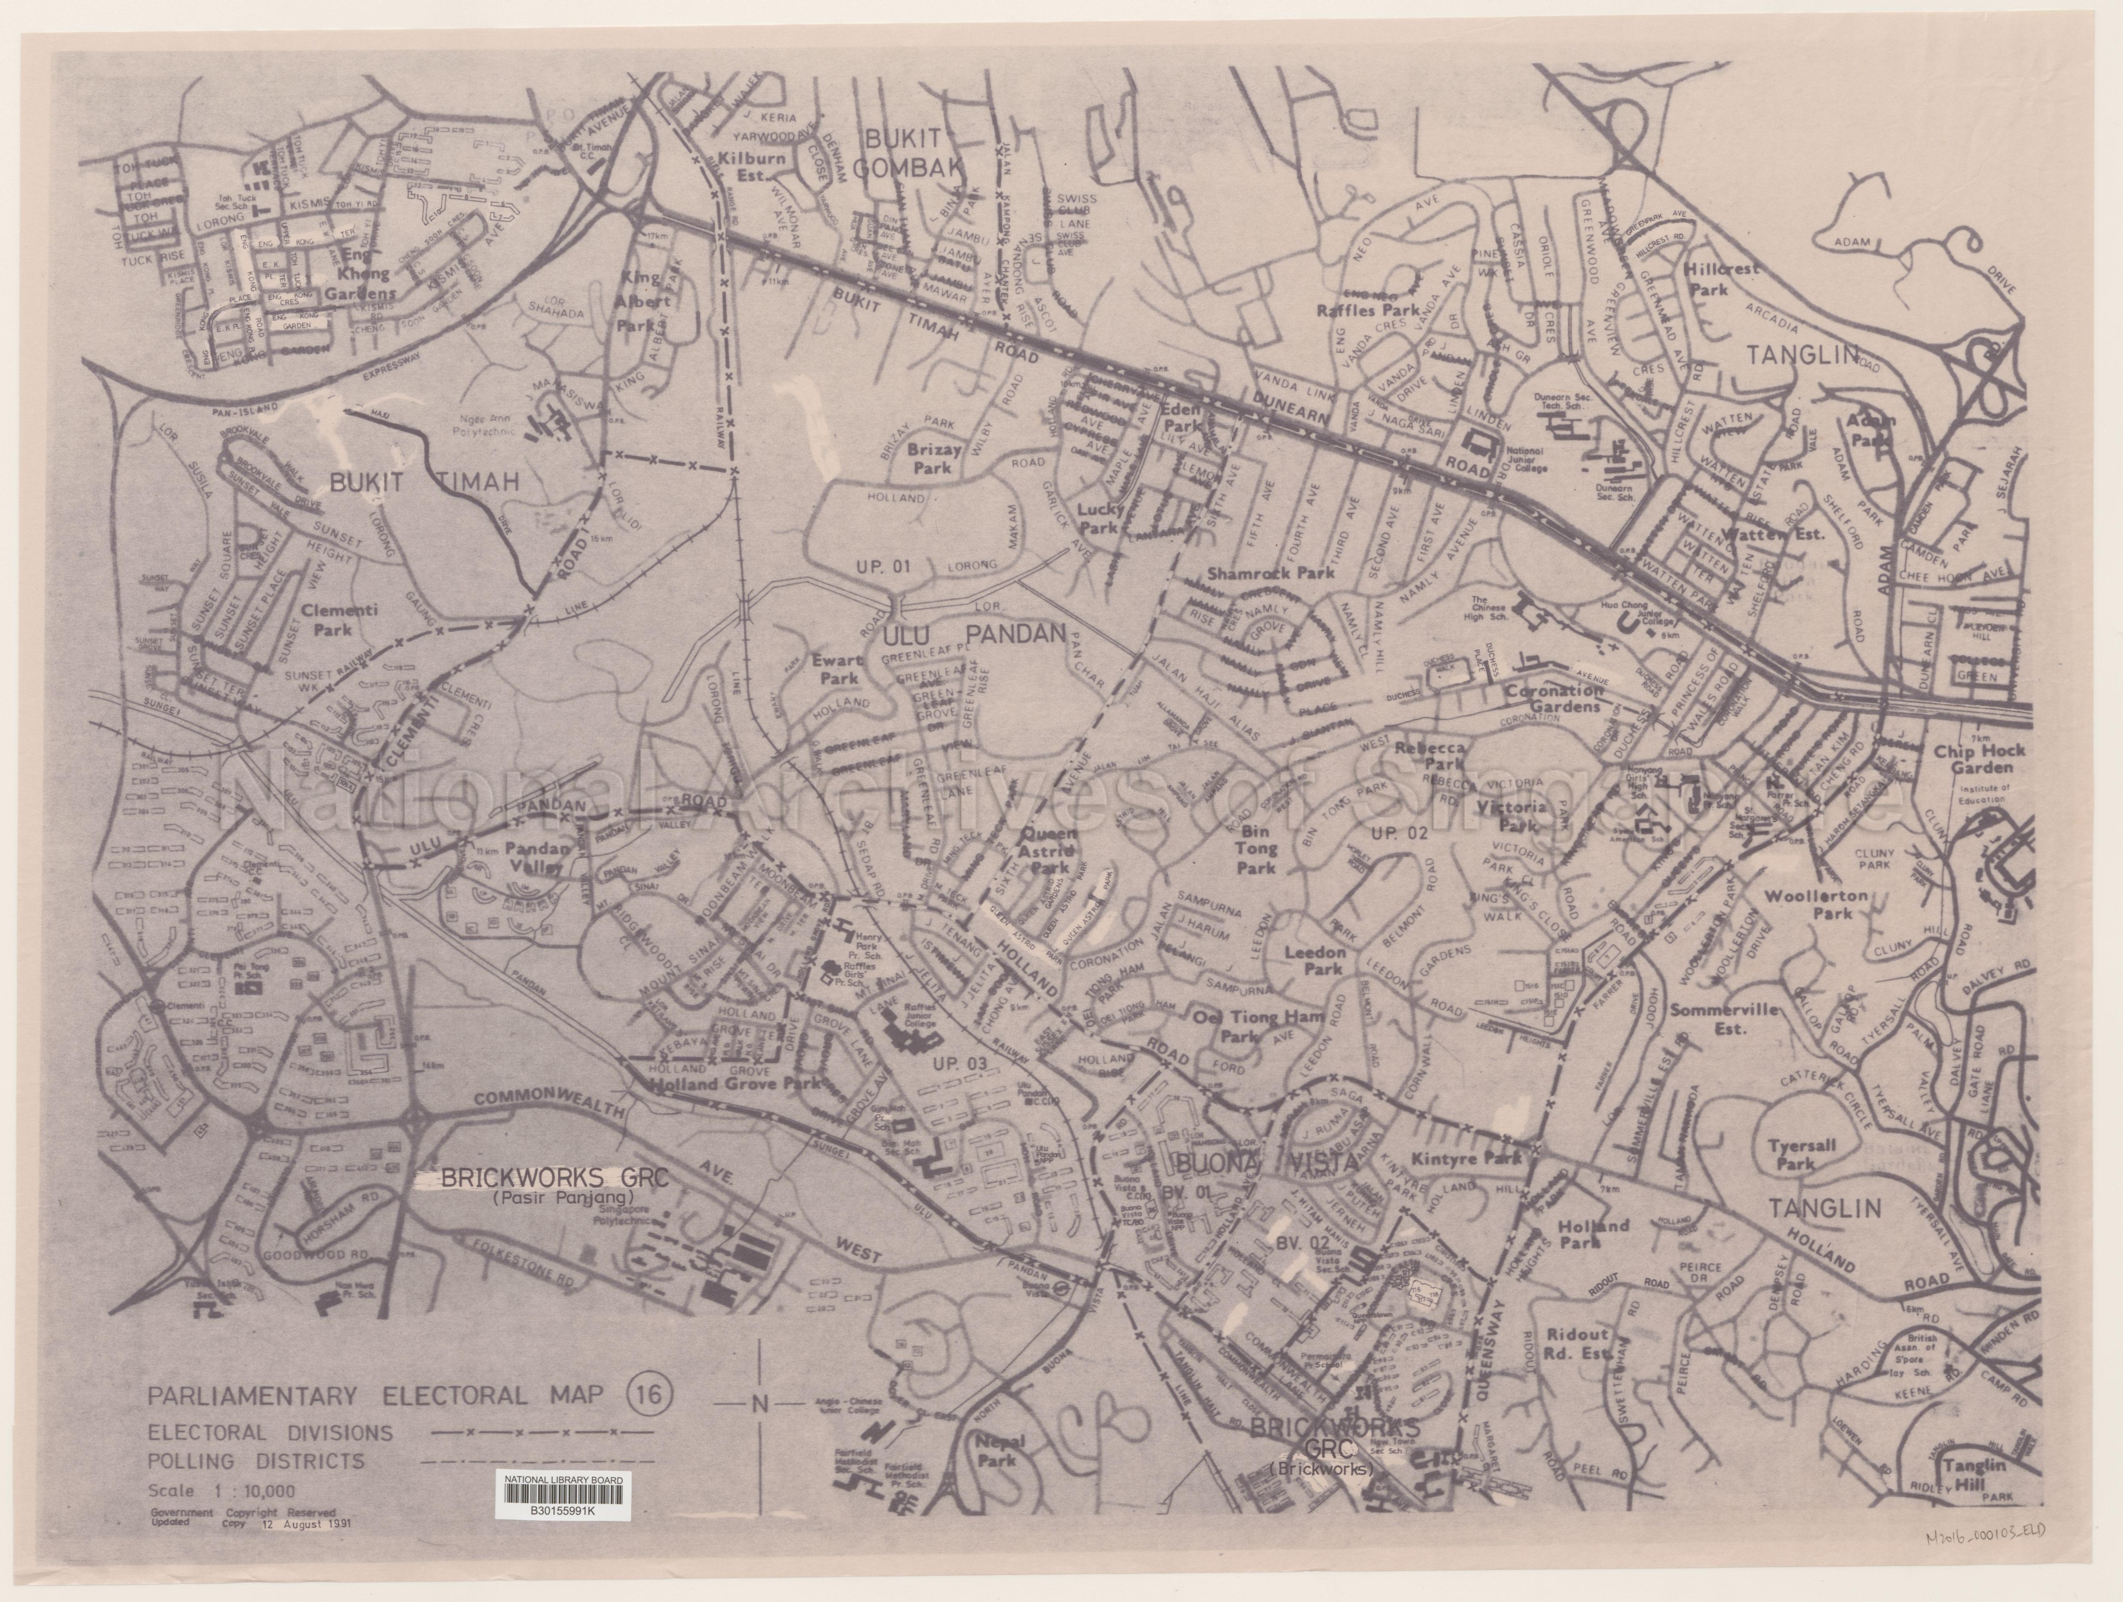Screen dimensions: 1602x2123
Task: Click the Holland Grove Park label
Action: tap(735, 1084)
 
